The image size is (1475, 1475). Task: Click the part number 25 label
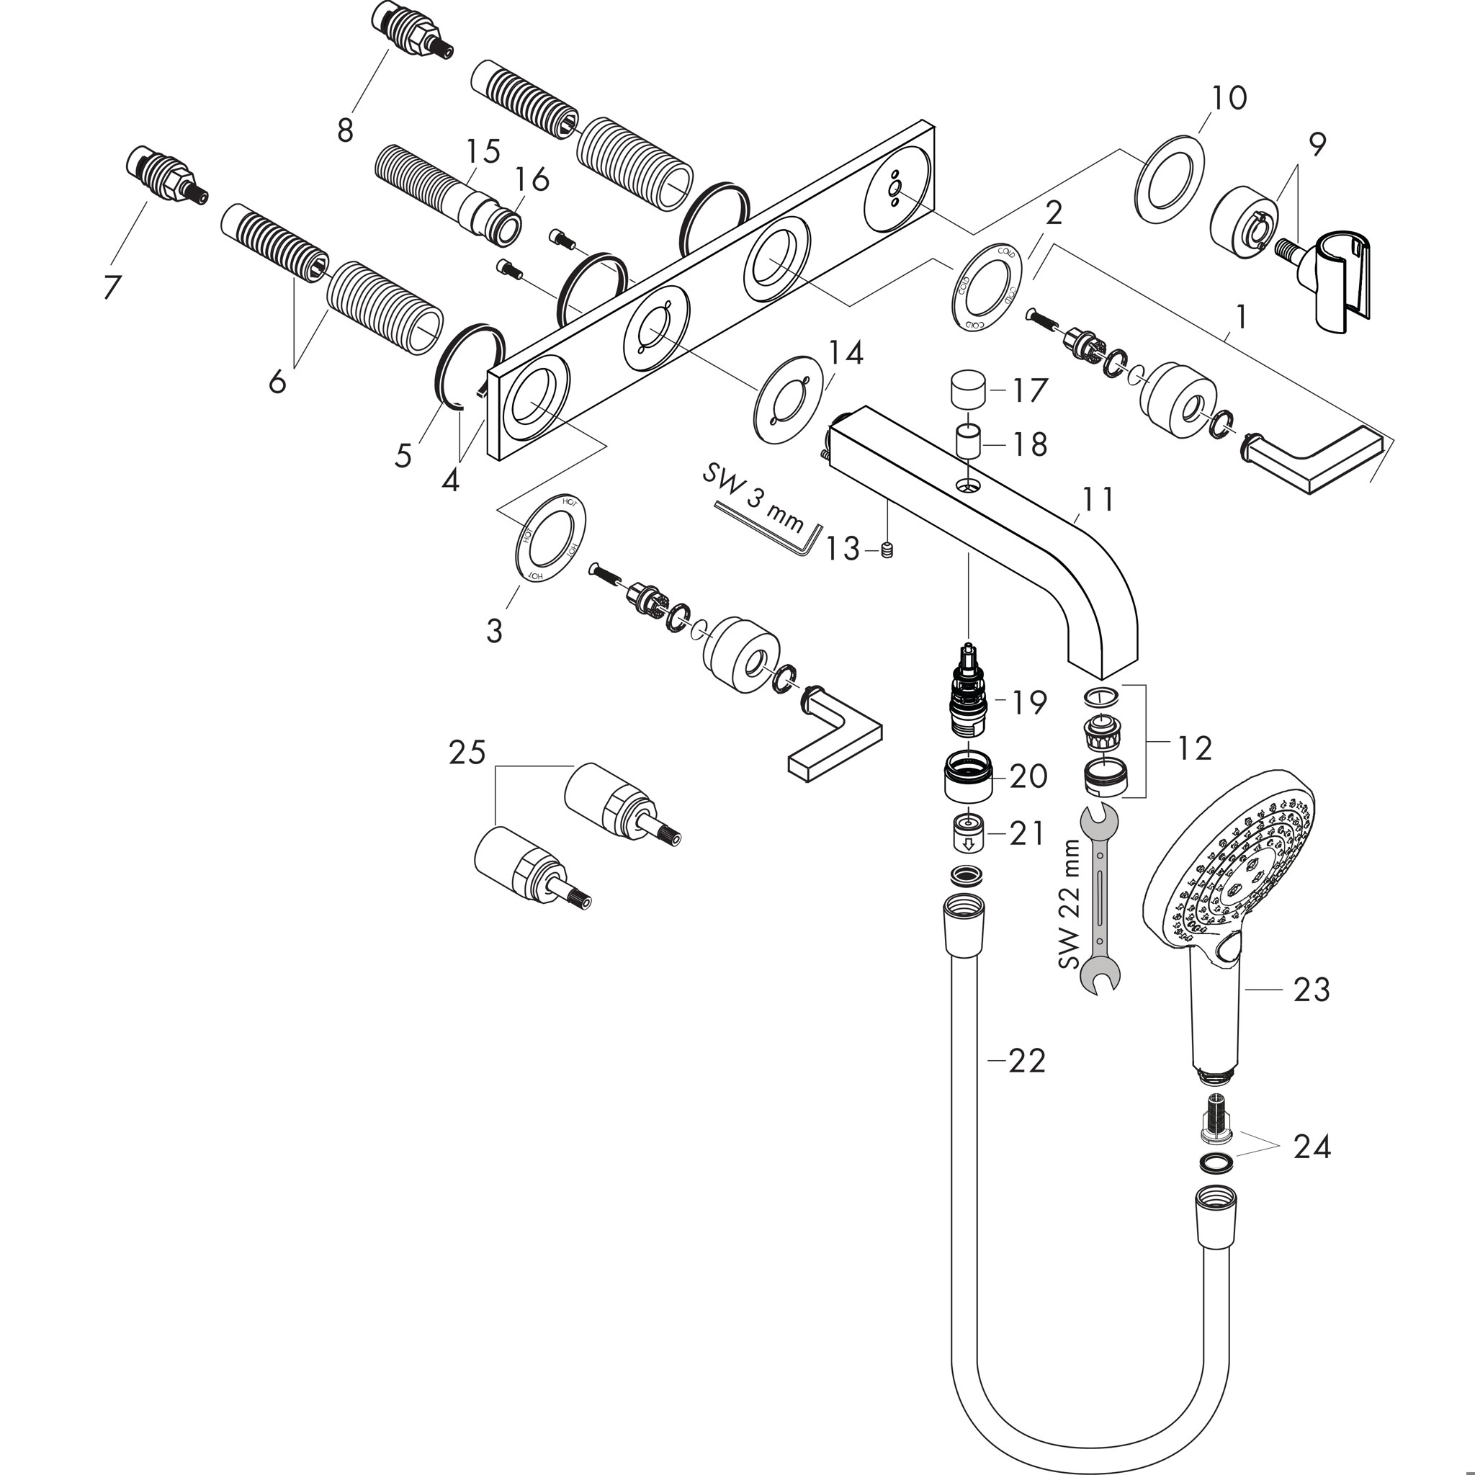pyautogui.click(x=467, y=753)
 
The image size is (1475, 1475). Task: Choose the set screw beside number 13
pyautogui.click(x=887, y=550)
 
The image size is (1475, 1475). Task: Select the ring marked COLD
pyautogui.click(x=987, y=287)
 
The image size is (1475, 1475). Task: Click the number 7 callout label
pyautogui.click(x=112, y=287)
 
